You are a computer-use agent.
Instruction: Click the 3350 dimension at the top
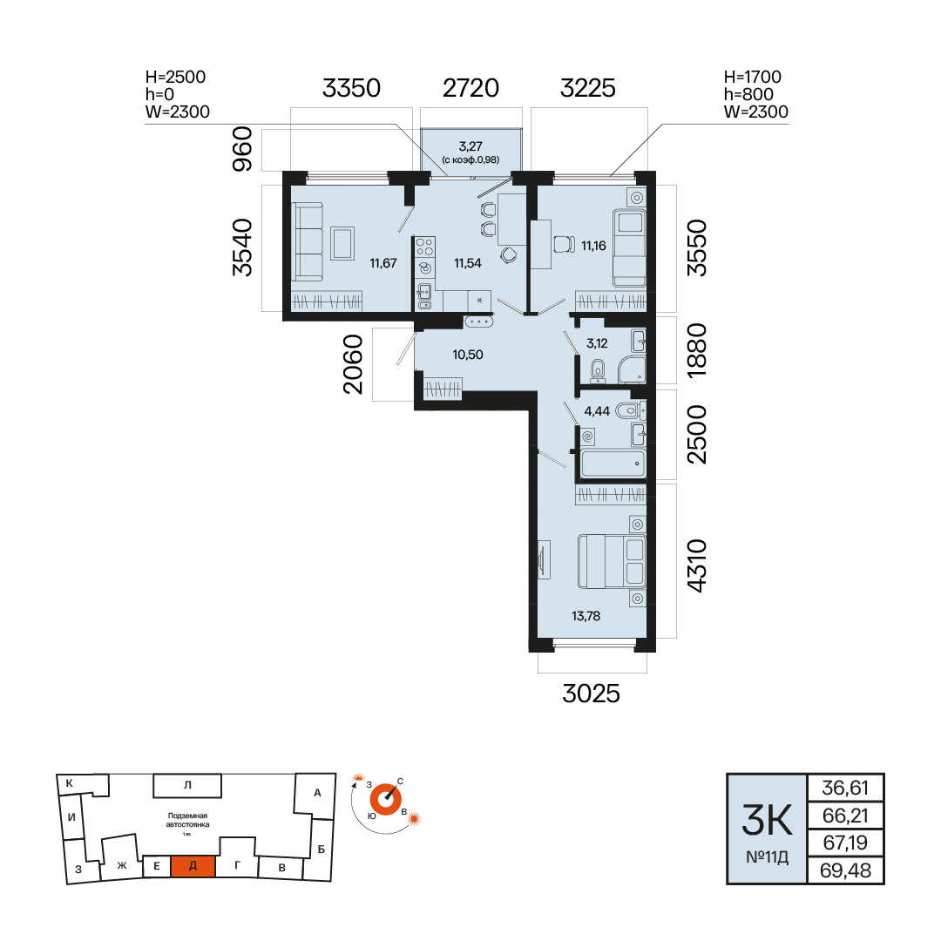point(351,88)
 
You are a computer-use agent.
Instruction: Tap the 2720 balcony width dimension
point(471,88)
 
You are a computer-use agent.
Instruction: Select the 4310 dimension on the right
point(697,566)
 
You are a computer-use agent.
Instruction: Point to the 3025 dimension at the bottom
point(591,694)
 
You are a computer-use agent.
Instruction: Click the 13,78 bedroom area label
point(586,616)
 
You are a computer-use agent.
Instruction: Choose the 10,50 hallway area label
point(468,355)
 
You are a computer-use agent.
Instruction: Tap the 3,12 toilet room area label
point(597,343)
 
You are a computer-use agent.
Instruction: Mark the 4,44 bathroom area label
point(597,411)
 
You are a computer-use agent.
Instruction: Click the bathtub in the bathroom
point(613,464)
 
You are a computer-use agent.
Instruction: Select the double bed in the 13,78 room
point(612,562)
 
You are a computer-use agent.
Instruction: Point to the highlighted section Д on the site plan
point(193,866)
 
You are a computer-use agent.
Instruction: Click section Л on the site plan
point(187,785)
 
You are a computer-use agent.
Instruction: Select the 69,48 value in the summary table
point(845,870)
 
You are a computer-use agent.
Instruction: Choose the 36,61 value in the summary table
point(845,788)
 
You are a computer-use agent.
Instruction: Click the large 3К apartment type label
point(767,820)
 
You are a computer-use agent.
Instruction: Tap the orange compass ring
point(385,800)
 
